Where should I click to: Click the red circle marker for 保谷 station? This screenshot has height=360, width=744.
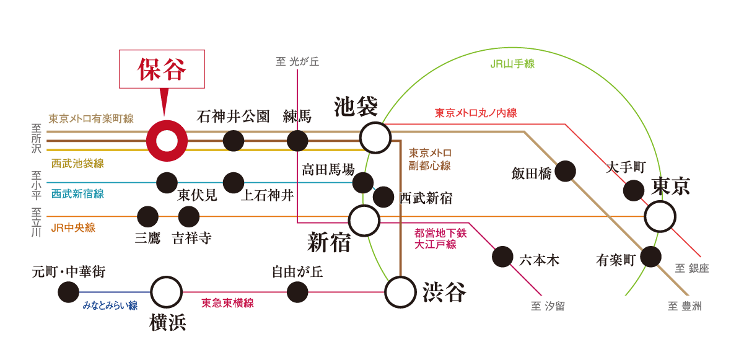[x=166, y=141]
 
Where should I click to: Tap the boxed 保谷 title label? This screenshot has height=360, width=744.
[x=162, y=68]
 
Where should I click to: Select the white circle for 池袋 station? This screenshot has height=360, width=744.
[x=375, y=137]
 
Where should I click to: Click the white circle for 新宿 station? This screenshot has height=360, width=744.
[x=364, y=220]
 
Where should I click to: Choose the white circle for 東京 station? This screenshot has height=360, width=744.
[x=660, y=216]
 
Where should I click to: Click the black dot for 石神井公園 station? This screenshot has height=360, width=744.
[x=234, y=141]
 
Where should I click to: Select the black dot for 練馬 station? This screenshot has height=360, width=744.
[x=297, y=141]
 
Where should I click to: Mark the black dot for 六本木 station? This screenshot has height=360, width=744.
[x=502, y=257]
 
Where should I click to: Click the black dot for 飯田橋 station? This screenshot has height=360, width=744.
[x=565, y=170]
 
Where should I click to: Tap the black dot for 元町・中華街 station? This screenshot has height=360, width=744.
[x=68, y=292]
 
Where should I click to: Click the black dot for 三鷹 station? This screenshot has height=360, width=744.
[x=147, y=217]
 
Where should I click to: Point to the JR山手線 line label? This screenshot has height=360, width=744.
[x=512, y=64]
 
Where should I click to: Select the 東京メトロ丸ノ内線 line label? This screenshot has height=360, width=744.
[x=475, y=113]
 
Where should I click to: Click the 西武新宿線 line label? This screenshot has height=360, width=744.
[x=77, y=194]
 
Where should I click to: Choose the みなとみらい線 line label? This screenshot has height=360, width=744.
[x=110, y=305]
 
